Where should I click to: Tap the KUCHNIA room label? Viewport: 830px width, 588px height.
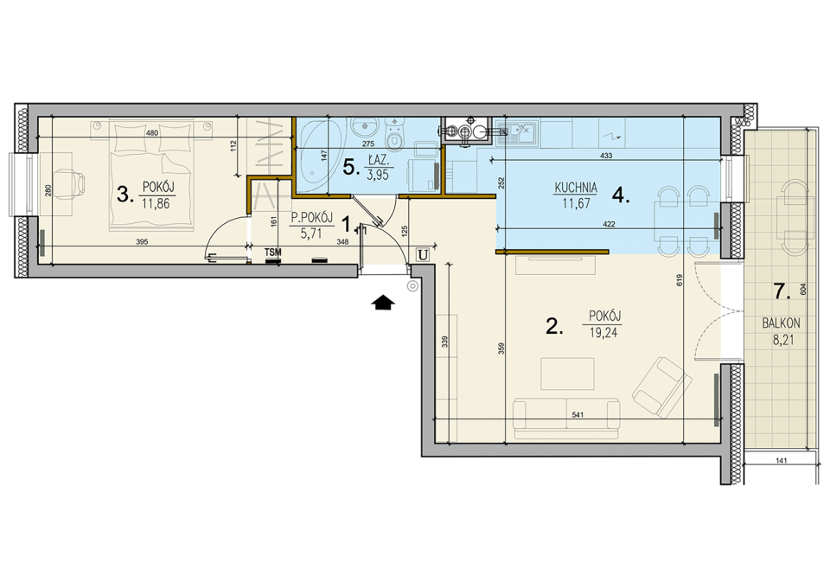pyautogui.click(x=576, y=188)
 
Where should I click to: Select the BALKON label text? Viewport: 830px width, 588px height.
pyautogui.click(x=781, y=323)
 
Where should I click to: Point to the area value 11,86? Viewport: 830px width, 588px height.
pyautogui.click(x=156, y=203)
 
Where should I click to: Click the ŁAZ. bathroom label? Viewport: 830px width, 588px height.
pyautogui.click(x=378, y=158)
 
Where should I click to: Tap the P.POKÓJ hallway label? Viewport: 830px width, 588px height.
pyautogui.click(x=312, y=218)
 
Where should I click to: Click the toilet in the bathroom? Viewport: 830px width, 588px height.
pyautogui.click(x=395, y=135)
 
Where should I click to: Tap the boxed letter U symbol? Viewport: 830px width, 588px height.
pyautogui.click(x=422, y=255)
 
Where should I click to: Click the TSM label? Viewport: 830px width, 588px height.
pyautogui.click(x=273, y=252)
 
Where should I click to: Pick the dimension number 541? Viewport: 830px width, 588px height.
pyautogui.click(x=578, y=415)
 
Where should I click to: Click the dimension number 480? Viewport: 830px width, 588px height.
pyautogui.click(x=152, y=133)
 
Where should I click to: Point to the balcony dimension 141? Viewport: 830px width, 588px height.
pyautogui.click(x=781, y=460)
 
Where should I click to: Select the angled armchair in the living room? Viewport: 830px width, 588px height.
pyautogui.click(x=662, y=388)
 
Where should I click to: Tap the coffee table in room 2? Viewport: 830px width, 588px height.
pyautogui.click(x=567, y=374)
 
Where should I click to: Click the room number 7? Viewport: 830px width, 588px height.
pyautogui.click(x=782, y=291)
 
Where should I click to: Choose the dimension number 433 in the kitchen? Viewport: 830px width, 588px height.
pyautogui.click(x=607, y=156)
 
